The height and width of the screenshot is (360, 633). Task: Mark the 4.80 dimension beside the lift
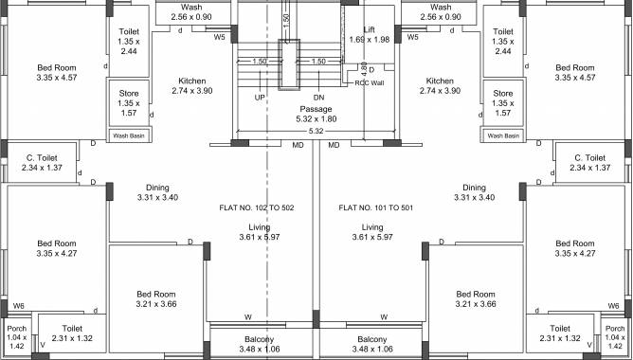[x=364, y=68]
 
